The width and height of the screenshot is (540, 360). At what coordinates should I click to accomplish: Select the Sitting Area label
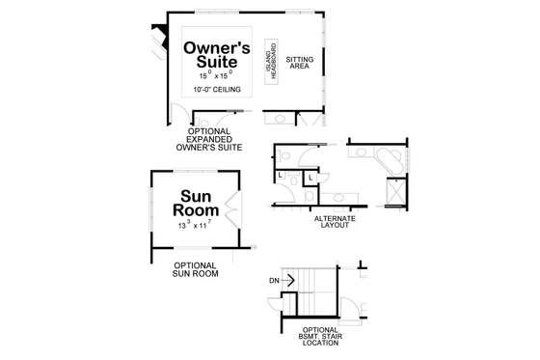(299, 64)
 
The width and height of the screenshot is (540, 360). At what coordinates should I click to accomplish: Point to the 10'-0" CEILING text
(216, 89)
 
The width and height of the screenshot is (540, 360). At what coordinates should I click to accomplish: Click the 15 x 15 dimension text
(217, 74)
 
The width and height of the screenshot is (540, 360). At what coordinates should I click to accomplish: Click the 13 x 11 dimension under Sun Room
(194, 225)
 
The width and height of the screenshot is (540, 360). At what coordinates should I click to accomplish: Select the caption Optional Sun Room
(194, 268)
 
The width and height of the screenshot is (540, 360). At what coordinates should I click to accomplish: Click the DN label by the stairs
(274, 280)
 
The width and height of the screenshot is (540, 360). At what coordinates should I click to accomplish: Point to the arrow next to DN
(287, 280)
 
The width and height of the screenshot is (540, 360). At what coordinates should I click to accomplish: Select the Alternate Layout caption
(335, 222)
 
